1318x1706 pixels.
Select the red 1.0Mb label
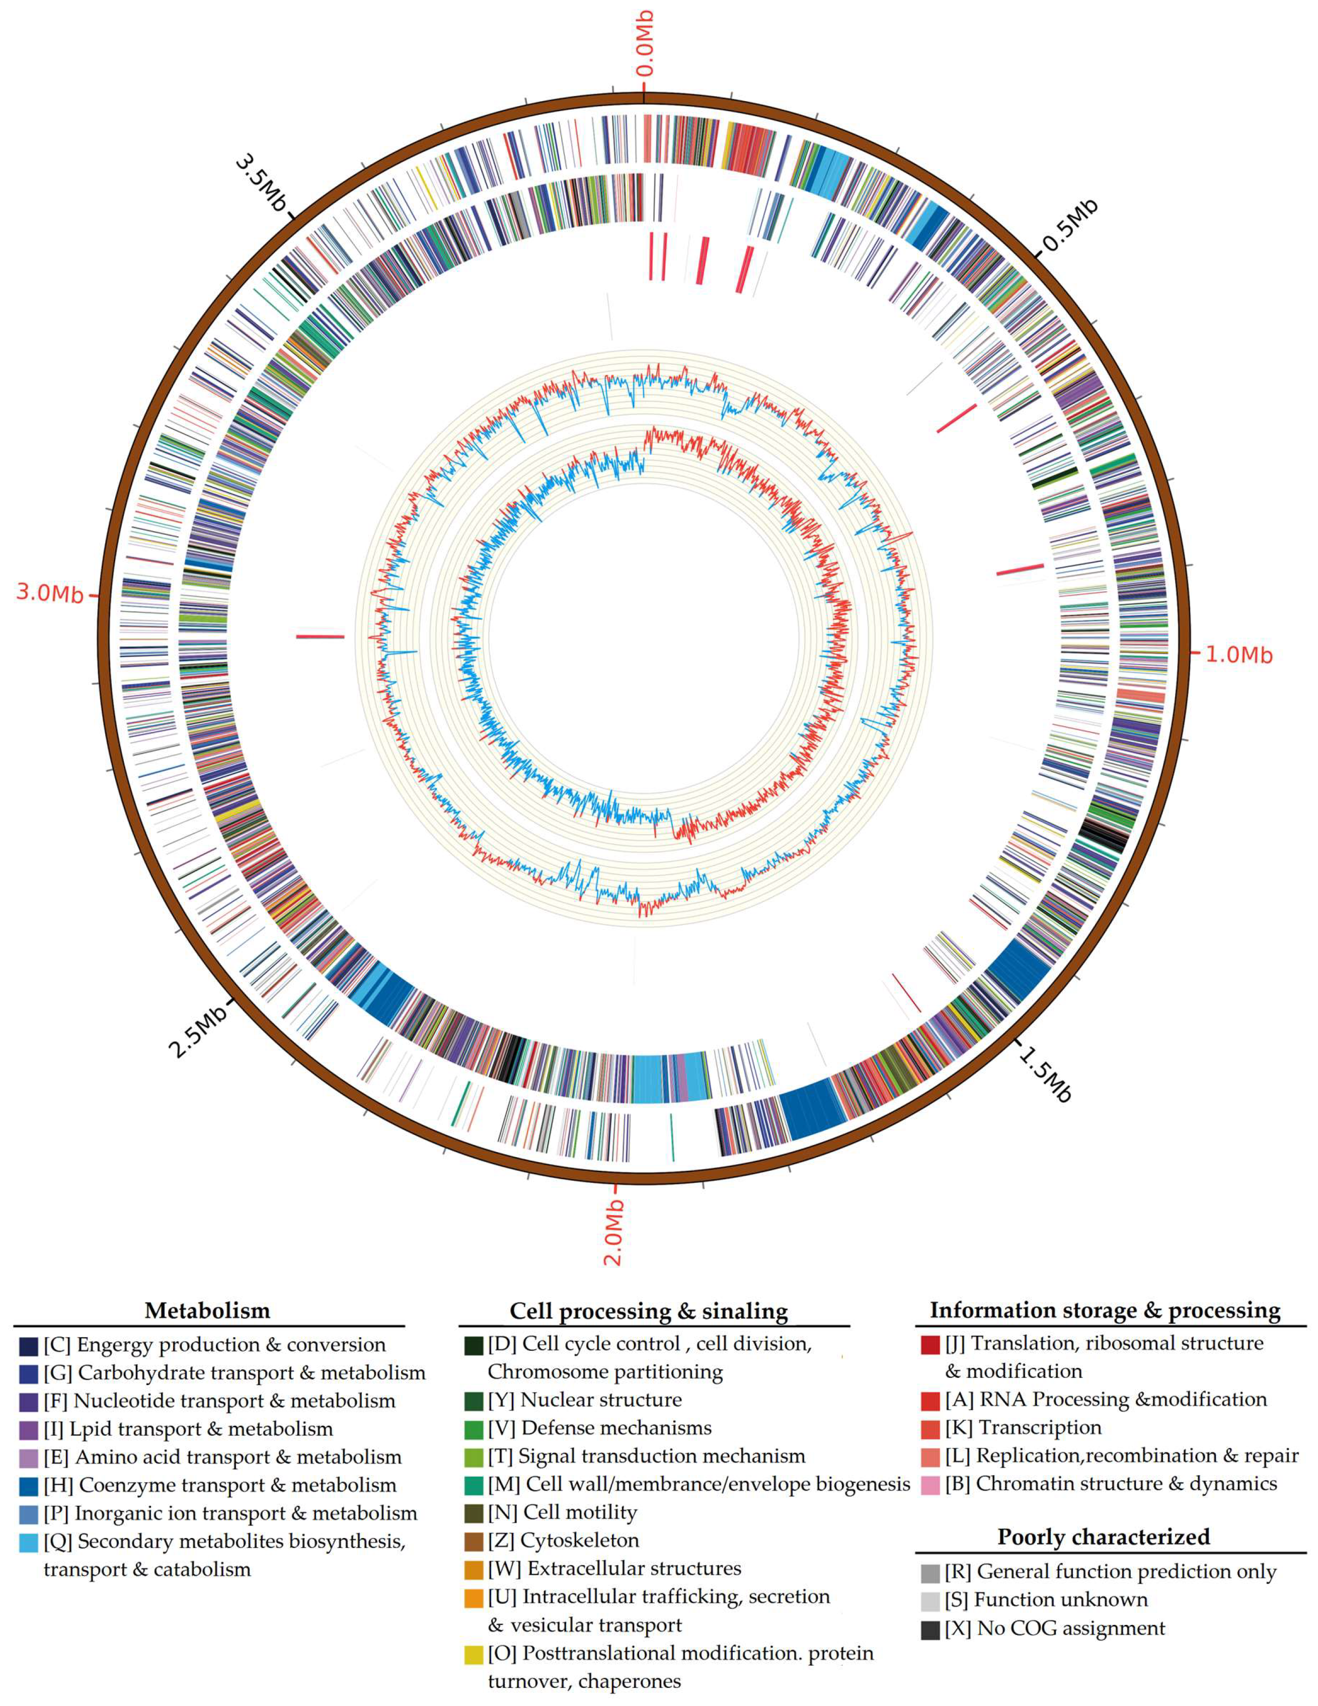tap(1238, 655)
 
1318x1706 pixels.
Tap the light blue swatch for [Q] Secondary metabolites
tap(29, 1542)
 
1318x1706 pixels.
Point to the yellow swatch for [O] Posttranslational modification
tap(474, 1655)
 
